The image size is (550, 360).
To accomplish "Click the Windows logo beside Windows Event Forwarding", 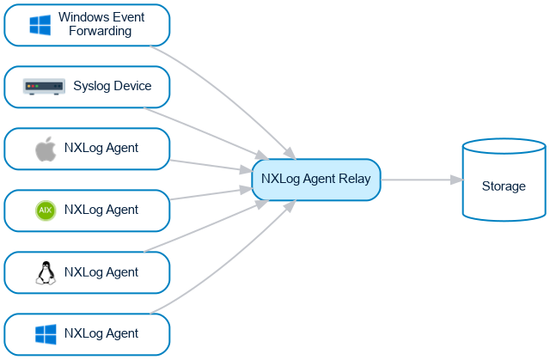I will [x=40, y=25].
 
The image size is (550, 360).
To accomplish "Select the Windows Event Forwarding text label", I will [x=101, y=25].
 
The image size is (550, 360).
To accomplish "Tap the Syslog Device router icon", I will [x=44, y=87].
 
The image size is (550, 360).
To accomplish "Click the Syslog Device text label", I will [x=112, y=86].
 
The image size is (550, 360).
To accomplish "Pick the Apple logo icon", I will [x=46, y=149].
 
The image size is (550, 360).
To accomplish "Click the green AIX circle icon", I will [x=46, y=211].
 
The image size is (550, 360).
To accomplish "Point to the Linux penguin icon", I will [x=45, y=273].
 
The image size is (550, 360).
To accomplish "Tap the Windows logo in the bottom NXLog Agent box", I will [x=45, y=334].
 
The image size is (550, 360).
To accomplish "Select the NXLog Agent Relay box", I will [x=315, y=180].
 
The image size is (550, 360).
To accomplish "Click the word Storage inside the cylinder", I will [x=504, y=186].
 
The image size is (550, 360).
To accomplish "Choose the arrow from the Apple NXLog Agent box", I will [x=206, y=165].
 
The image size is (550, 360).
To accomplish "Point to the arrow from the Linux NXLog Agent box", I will [x=206, y=232].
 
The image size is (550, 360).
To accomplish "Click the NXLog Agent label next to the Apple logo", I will [x=101, y=149].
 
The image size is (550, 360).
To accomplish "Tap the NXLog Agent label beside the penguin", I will [x=101, y=273].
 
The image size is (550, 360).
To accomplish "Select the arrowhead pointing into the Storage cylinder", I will [x=456, y=180].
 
